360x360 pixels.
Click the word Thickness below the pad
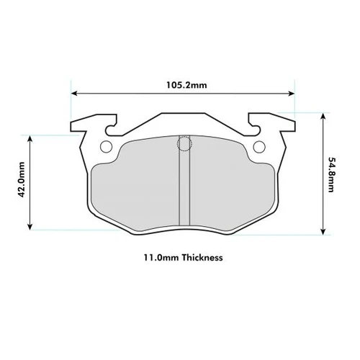202,257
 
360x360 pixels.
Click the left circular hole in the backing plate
107,148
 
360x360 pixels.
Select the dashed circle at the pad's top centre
184,145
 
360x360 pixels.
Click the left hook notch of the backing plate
112,129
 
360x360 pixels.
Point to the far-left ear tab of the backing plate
77,129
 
